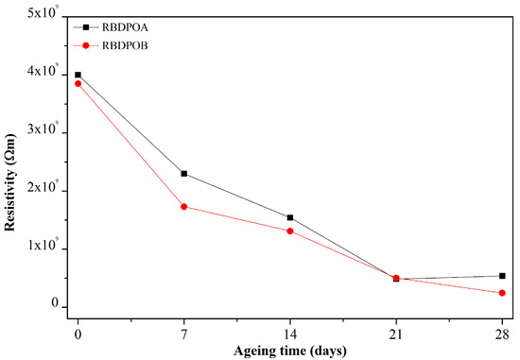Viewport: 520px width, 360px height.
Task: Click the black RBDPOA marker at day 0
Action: tap(78, 75)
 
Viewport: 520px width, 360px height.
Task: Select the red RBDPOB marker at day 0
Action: tap(78, 83)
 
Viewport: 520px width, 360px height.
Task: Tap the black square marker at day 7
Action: tap(183, 174)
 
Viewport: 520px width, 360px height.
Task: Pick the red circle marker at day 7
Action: tap(183, 206)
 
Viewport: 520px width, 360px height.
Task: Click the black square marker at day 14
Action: tap(289, 217)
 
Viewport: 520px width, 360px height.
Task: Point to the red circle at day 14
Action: tap(289, 231)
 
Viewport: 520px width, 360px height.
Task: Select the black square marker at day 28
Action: tap(501, 276)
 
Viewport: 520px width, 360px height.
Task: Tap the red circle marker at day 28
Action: tap(501, 293)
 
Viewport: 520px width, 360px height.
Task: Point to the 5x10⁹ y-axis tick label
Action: tap(44, 16)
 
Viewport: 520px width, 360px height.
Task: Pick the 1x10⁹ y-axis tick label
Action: tap(44, 249)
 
